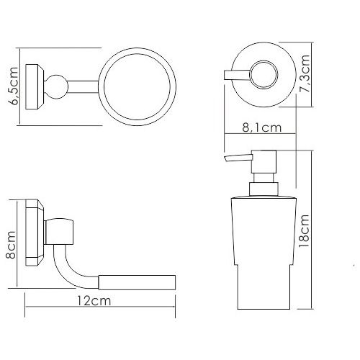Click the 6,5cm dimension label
click(13, 86)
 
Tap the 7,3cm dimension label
click(305, 73)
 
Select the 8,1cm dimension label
click(261, 127)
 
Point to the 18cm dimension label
click(304, 231)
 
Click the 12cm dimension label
click(94, 300)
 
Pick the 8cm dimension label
click(11, 245)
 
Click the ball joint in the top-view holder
click(56, 87)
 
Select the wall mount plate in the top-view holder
click(35, 87)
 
